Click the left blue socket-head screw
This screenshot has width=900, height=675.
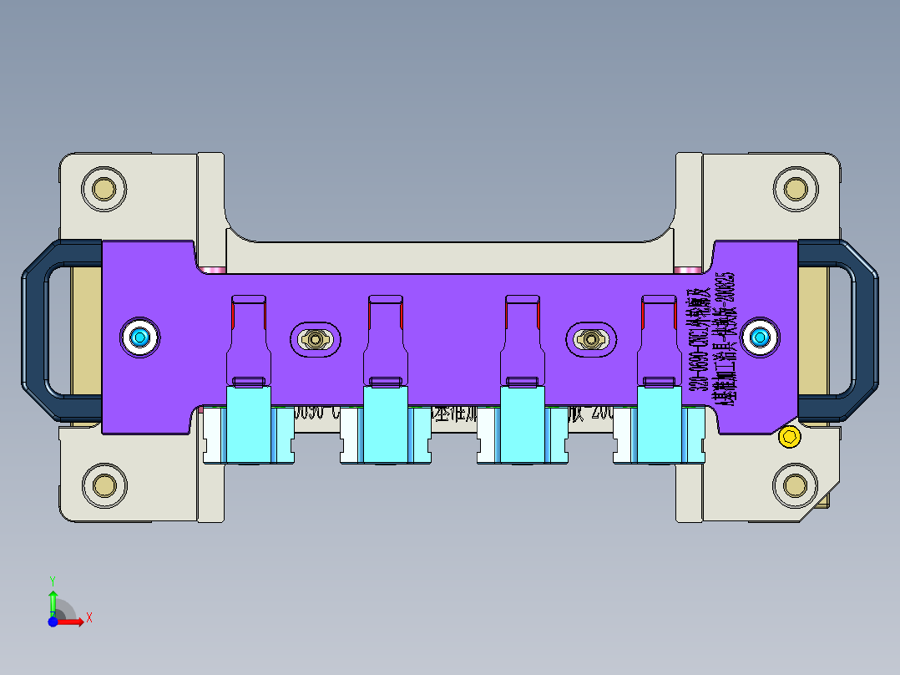pyautogui.click(x=139, y=337)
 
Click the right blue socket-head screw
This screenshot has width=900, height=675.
pyautogui.click(x=760, y=337)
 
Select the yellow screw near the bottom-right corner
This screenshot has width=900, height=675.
pyautogui.click(x=787, y=436)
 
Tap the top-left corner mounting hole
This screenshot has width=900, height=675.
pyautogui.click(x=104, y=189)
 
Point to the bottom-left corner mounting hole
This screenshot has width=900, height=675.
pyautogui.click(x=104, y=484)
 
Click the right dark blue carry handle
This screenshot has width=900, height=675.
pyautogui.click(x=863, y=331)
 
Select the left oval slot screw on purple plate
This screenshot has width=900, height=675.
pyautogui.click(x=316, y=339)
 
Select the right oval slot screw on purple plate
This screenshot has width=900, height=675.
pyautogui.click(x=592, y=339)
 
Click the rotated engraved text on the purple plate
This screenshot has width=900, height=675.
pyautogui.click(x=710, y=339)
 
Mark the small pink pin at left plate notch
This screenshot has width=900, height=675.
pyautogui.click(x=214, y=270)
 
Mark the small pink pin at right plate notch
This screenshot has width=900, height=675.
pyautogui.click(x=687, y=270)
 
